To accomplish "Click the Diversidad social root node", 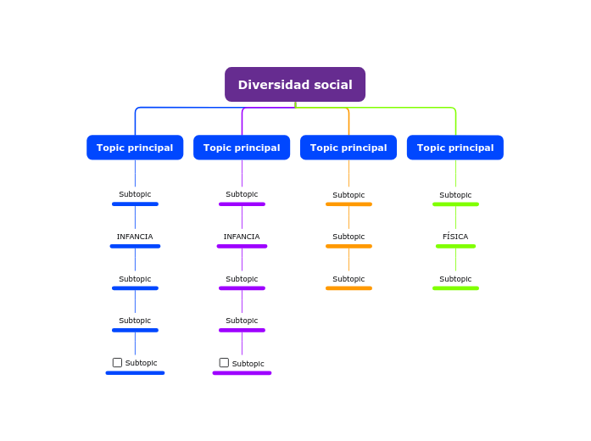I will (x=294, y=85).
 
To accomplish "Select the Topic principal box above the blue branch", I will (x=135, y=148).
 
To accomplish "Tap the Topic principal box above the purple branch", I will (x=242, y=148).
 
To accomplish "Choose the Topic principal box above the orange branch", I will (x=348, y=148).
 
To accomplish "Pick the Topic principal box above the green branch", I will (x=455, y=148).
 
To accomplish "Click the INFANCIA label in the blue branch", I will (x=135, y=237).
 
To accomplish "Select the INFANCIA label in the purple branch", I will (x=242, y=237).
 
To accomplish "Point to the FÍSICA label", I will (x=455, y=237).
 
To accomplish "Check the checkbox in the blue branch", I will (x=117, y=362).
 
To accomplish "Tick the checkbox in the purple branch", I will (x=224, y=362).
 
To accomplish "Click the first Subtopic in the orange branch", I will (x=348, y=195).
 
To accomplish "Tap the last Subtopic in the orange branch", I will (x=348, y=279).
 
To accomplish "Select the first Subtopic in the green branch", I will (x=455, y=195).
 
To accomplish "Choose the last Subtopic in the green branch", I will (x=455, y=279).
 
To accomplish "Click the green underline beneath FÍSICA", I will (x=455, y=246).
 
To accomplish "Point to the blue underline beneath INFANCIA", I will (x=135, y=246).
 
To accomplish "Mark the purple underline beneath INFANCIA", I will (x=242, y=246).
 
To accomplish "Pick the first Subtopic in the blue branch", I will (x=135, y=194).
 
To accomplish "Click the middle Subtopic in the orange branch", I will (x=348, y=237).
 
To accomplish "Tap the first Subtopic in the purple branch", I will (x=242, y=194).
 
